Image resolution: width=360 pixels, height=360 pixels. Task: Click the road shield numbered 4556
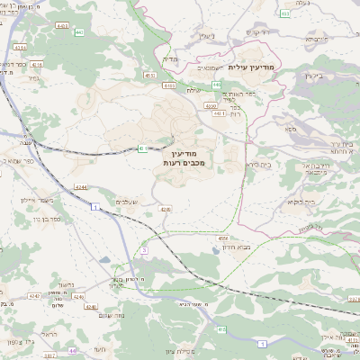[222, 238]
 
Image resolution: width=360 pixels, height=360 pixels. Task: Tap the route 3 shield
[143, 249]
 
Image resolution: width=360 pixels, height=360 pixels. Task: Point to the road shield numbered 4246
[166, 209]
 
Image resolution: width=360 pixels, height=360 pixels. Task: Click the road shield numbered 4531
[149, 76]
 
